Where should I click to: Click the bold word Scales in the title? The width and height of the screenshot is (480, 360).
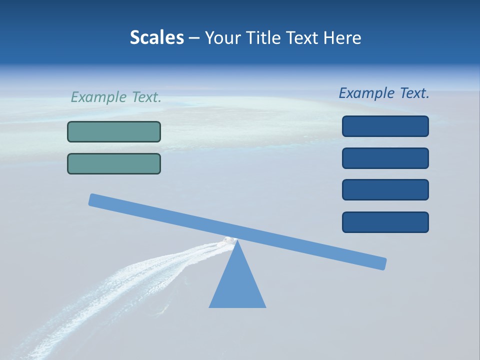[x=156, y=37]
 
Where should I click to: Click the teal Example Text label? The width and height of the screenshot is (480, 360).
[x=116, y=97]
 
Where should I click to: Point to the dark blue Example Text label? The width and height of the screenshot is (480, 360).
[x=384, y=93]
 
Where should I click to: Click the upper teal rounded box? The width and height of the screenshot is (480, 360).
[x=114, y=131]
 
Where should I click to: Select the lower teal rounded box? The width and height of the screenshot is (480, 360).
[x=114, y=163]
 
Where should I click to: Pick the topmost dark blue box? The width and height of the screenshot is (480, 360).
[x=385, y=126]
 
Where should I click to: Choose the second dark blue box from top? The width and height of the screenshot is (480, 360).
[x=385, y=158]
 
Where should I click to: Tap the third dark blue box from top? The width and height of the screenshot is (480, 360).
[x=385, y=189]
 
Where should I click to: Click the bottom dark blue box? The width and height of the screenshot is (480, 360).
[x=385, y=222]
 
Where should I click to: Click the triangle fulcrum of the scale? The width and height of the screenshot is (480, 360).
[x=237, y=285]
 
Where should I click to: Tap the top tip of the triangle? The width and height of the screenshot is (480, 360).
[x=237, y=241]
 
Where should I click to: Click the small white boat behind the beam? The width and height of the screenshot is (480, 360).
[x=228, y=240]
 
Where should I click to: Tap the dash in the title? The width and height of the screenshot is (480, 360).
[x=194, y=38]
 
